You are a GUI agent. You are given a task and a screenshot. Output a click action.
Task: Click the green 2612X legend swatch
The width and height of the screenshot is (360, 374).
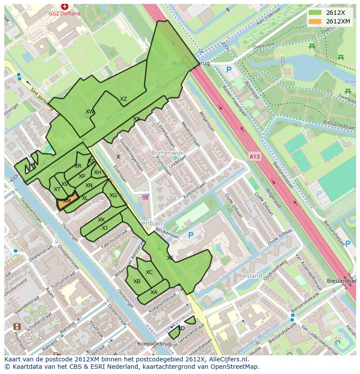click(315, 13)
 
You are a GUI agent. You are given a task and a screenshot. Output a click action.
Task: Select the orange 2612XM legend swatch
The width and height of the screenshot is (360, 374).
click(315, 21)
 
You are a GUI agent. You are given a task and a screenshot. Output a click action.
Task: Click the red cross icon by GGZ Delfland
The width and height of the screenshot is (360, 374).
click(65, 7)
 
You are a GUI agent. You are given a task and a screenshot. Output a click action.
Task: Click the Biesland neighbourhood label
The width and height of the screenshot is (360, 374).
click(250, 276)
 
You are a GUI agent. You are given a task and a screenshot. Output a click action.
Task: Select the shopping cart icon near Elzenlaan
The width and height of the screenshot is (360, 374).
click(145, 197)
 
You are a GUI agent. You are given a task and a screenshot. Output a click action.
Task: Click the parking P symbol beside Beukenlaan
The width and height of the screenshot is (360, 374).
click(190, 235)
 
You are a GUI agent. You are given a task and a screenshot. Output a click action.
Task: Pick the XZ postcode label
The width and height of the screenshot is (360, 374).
click(123, 99)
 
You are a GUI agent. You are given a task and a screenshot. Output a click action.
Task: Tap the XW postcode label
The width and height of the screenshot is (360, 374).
click(90, 112)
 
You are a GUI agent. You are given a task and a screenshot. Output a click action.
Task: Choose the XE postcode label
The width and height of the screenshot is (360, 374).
click(170, 258)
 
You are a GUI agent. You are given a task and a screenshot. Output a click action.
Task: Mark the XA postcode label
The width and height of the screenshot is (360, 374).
click(154, 292)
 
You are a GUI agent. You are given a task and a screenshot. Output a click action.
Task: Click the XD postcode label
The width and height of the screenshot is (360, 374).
click(181, 328)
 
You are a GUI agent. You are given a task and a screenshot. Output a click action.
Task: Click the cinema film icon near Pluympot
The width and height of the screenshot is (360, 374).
click(17, 326)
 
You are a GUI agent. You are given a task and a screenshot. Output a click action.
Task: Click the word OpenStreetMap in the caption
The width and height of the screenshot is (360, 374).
click(233, 367)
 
